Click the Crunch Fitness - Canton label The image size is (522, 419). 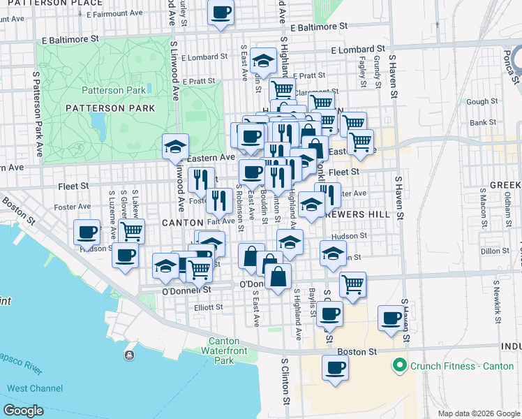coord(454,365)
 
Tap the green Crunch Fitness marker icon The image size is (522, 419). coord(399,365)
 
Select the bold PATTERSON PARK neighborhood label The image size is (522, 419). coord(110,108)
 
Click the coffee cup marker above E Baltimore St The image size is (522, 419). coord(221,13)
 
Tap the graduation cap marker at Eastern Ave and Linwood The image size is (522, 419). coord(175,147)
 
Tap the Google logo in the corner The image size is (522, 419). coord(23,410)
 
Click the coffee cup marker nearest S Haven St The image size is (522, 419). coord(391,318)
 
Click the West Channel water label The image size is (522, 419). coord(36,388)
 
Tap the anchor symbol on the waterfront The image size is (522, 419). coord(129,355)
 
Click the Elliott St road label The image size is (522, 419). coord(208,307)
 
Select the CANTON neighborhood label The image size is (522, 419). coord(182,222)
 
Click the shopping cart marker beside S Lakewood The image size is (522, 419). coord(131,230)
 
